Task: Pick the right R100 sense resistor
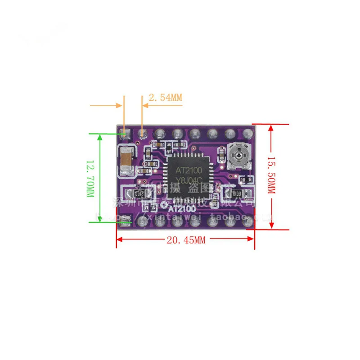236,193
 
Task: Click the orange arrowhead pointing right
120,106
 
